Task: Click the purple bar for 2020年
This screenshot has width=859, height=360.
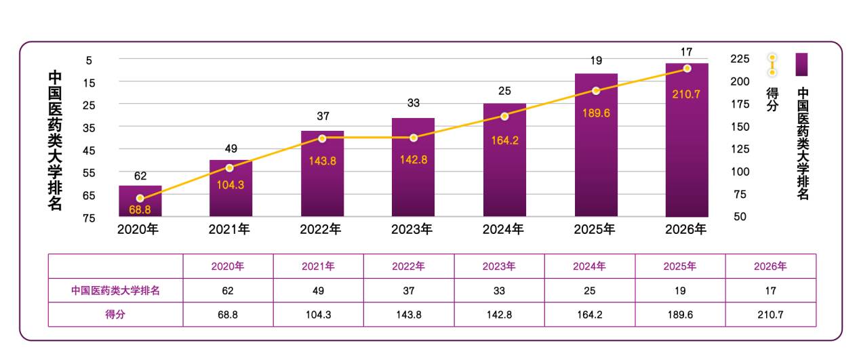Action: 140,201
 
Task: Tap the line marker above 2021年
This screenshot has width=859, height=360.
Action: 229,167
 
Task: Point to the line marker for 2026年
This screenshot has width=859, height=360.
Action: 687,68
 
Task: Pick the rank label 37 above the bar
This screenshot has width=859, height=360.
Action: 323,116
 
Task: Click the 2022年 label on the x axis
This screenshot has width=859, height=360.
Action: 320,229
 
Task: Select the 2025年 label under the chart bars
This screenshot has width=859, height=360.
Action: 595,229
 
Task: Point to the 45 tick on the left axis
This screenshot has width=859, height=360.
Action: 89,149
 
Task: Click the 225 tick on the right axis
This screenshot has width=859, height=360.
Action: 740,59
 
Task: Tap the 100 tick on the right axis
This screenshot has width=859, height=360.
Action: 740,172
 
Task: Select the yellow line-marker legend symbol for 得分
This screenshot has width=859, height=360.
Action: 772,64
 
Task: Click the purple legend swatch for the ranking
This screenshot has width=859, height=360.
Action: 801,64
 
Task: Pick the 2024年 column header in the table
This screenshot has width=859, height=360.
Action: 589,266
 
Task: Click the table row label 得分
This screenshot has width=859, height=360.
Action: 115,315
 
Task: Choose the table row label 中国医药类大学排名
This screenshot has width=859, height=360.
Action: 115,291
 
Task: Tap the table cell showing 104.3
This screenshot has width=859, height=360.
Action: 318,315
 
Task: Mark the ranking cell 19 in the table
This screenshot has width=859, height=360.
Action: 679,291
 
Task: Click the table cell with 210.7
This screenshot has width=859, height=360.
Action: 770,315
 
